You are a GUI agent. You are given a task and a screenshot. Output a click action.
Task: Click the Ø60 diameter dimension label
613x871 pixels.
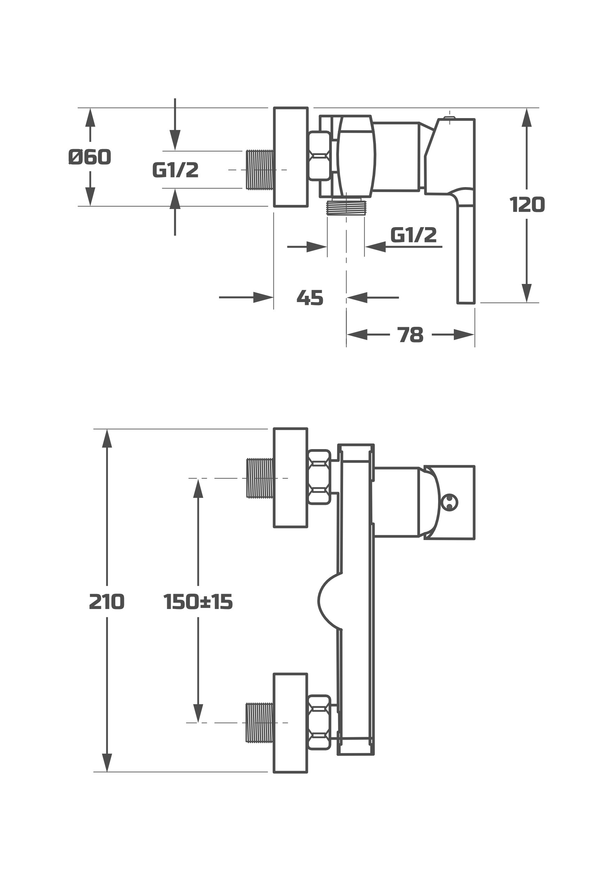point(90,157)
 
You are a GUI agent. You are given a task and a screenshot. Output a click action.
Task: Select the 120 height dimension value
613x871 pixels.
point(527,205)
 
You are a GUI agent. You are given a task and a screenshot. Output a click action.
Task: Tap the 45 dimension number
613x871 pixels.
point(310,298)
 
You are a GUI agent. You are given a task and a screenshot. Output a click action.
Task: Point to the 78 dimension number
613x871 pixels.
point(410,335)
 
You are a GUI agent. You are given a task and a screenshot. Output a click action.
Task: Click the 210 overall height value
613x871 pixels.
point(107,602)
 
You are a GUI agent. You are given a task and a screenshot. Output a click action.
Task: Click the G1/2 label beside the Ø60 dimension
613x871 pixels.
point(176,170)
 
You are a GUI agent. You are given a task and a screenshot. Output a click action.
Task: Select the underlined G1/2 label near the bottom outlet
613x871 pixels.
point(413,235)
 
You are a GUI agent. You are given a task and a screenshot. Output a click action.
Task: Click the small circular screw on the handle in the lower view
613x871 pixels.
point(450,503)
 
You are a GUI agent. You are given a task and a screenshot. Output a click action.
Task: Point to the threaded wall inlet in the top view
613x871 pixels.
point(259,170)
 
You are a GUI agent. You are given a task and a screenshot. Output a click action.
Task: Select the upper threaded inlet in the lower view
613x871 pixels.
point(260,478)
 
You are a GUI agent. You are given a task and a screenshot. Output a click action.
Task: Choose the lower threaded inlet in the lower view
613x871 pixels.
point(259,723)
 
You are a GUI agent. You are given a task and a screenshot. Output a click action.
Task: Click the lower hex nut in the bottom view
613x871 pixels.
point(319,722)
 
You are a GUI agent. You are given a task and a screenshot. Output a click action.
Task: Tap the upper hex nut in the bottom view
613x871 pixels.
point(319,477)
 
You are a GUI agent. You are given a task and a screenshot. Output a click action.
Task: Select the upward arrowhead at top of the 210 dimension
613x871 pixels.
point(107,439)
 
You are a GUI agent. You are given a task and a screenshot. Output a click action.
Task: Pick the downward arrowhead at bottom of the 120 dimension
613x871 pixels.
point(527,293)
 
